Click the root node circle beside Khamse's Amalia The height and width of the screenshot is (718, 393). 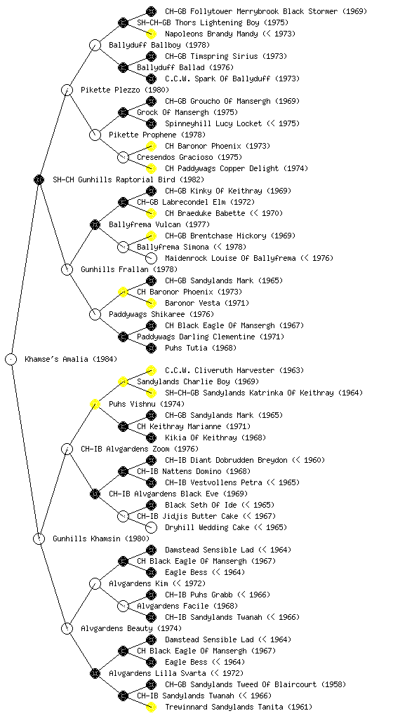[x=11, y=359]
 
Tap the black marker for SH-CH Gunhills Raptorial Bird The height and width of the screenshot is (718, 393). [x=39, y=179]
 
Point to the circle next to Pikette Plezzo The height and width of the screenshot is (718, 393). [x=67, y=90]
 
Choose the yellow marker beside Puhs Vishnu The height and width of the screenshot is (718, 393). [x=95, y=404]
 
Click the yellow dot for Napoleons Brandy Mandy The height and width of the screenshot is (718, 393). [x=151, y=34]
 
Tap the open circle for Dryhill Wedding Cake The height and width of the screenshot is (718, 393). [x=151, y=527]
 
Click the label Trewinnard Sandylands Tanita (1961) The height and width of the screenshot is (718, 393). [x=239, y=707]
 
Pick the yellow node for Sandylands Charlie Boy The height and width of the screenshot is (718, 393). [x=123, y=381]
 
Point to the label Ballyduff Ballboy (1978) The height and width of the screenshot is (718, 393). [x=159, y=45]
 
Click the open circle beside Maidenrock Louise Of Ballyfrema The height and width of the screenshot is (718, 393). [x=151, y=258]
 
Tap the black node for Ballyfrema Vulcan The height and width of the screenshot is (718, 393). [x=95, y=224]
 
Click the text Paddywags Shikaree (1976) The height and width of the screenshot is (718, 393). [x=161, y=314]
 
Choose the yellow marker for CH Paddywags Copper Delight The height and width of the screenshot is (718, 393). [x=151, y=168]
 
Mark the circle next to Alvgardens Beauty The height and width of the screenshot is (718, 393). [x=67, y=628]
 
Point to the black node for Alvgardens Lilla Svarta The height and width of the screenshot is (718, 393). [x=95, y=673]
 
